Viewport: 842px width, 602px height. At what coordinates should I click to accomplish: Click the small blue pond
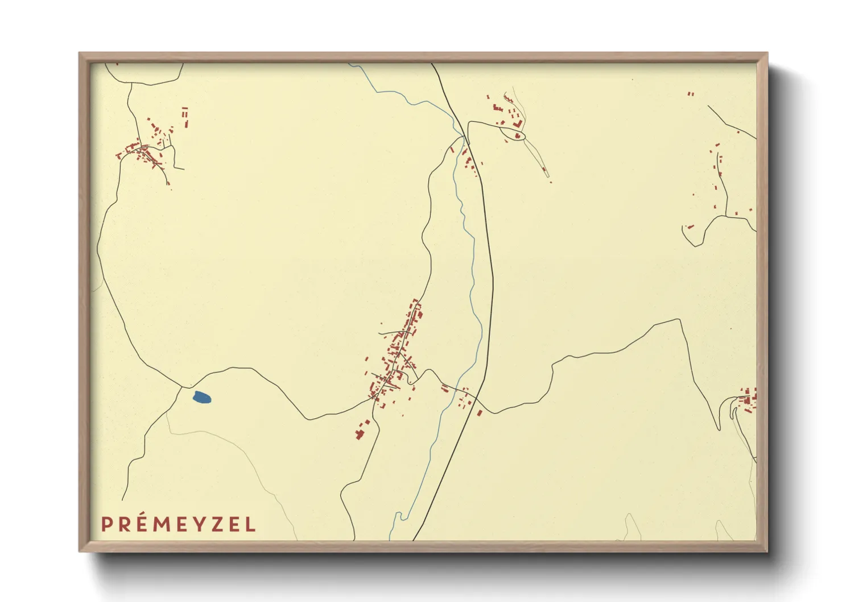201,397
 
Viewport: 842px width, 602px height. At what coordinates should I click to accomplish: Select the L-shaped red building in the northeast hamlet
518,123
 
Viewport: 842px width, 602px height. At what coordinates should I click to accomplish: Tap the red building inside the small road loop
517,135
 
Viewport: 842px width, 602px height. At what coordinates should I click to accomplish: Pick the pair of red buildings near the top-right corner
691,94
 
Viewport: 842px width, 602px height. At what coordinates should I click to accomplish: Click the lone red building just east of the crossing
480,413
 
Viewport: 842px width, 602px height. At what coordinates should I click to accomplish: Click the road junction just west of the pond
181,387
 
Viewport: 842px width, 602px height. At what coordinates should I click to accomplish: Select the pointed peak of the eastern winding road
679,320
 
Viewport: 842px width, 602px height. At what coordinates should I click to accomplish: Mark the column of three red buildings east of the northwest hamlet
185,116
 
